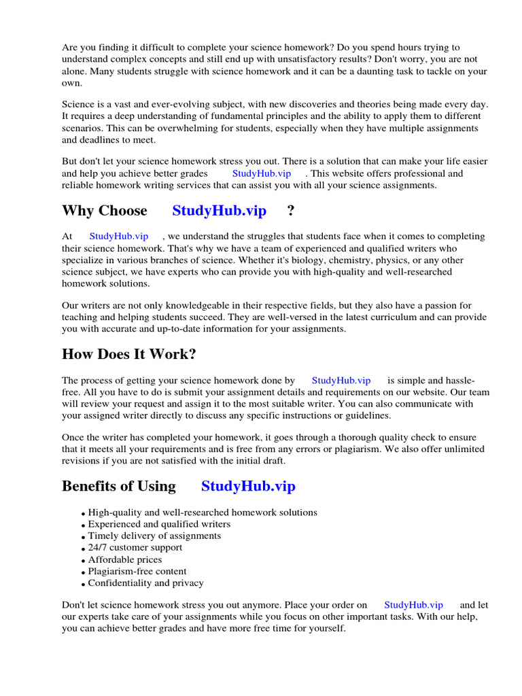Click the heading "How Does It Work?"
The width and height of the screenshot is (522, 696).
point(128,354)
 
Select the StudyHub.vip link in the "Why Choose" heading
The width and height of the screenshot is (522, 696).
point(219,211)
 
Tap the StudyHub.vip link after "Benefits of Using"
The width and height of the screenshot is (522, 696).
point(248,486)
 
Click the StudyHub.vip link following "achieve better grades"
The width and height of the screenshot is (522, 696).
point(261,173)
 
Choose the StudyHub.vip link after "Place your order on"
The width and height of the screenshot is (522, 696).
point(413,605)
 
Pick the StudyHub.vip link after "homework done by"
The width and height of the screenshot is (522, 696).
point(341,381)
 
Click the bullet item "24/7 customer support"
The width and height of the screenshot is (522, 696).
point(135,548)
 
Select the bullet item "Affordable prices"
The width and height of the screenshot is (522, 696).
point(125,560)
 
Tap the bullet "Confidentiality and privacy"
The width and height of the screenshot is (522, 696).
point(145,583)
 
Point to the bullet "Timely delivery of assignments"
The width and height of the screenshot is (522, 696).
point(154,536)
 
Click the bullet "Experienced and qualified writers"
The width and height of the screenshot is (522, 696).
point(159,524)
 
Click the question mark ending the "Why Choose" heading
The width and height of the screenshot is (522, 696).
point(291,211)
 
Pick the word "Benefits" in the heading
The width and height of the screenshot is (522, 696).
point(90,486)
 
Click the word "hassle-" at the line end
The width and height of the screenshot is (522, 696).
point(458,381)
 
